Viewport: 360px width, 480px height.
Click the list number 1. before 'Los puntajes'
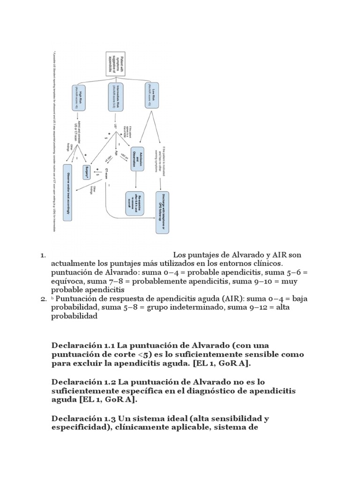[43, 255]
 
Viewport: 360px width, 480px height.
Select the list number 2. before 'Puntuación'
[43, 299]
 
